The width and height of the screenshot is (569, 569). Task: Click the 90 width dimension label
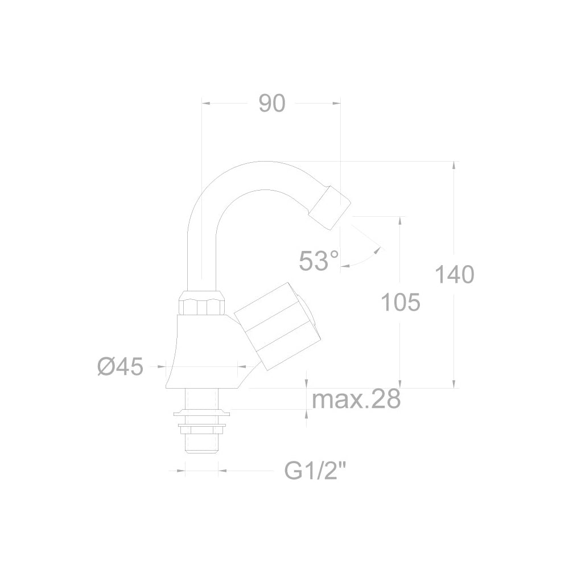(272, 104)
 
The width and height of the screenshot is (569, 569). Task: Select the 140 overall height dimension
(454, 274)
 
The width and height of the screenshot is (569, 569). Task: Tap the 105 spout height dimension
(401, 302)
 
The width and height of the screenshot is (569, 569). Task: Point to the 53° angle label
(319, 261)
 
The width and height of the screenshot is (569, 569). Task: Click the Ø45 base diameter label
(121, 366)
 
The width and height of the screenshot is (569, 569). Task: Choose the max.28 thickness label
(356, 399)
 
